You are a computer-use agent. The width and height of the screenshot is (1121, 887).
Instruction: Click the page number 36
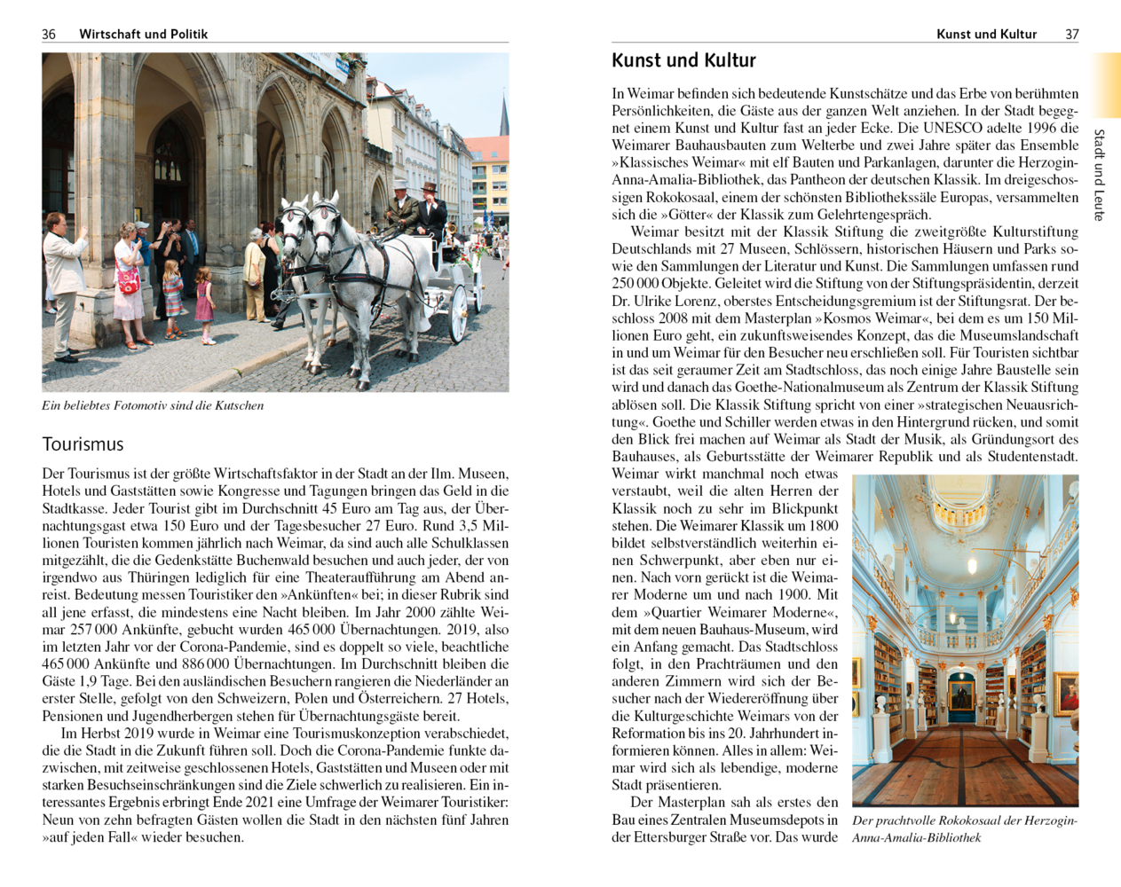tap(49, 34)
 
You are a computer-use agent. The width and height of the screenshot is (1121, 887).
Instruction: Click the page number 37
tap(1072, 34)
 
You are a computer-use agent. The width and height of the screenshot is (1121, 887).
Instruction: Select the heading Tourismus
tap(83, 444)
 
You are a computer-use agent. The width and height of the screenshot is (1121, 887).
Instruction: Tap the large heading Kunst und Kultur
tap(683, 60)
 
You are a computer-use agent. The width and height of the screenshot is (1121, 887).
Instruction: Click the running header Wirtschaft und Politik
tap(143, 34)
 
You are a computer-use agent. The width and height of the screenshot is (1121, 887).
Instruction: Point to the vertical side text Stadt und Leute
tap(1100, 174)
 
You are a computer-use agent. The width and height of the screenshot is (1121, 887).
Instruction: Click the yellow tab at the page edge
tap(1107, 84)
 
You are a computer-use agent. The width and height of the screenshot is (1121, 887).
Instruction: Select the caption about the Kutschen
tap(153, 405)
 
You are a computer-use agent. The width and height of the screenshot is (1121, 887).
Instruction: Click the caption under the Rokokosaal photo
tap(964, 828)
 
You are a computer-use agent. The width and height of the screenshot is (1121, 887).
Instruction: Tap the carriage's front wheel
tap(458, 312)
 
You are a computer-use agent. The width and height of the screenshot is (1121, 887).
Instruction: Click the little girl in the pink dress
tap(204, 303)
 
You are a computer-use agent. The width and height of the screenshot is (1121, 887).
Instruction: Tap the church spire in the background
tap(503, 115)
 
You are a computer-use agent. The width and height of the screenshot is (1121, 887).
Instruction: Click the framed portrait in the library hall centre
tap(960, 693)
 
